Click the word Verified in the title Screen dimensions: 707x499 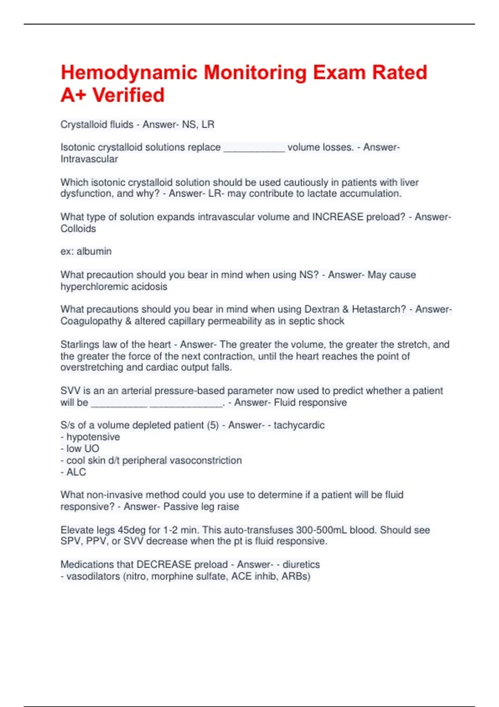pyautogui.click(x=128, y=95)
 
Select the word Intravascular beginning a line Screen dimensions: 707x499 pyautogui.click(x=89, y=159)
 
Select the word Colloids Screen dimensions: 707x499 pyautogui.click(x=78, y=228)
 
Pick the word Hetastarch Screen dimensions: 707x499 pyautogui.click(x=378, y=309)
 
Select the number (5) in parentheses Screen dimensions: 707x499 pyautogui.click(x=212, y=425)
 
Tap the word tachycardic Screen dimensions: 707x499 pyautogui.click(x=299, y=425)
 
